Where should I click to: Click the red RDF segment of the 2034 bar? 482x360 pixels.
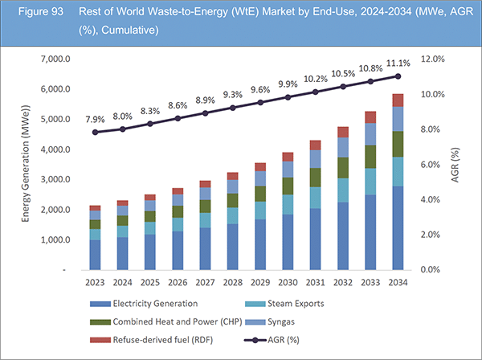tap(398, 100)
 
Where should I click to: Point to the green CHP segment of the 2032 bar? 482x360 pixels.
tap(343, 166)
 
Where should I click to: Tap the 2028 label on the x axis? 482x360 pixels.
tap(232, 283)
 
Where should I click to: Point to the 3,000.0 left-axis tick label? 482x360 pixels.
tap(60, 180)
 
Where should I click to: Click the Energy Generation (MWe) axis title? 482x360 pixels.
tap(25, 165)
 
